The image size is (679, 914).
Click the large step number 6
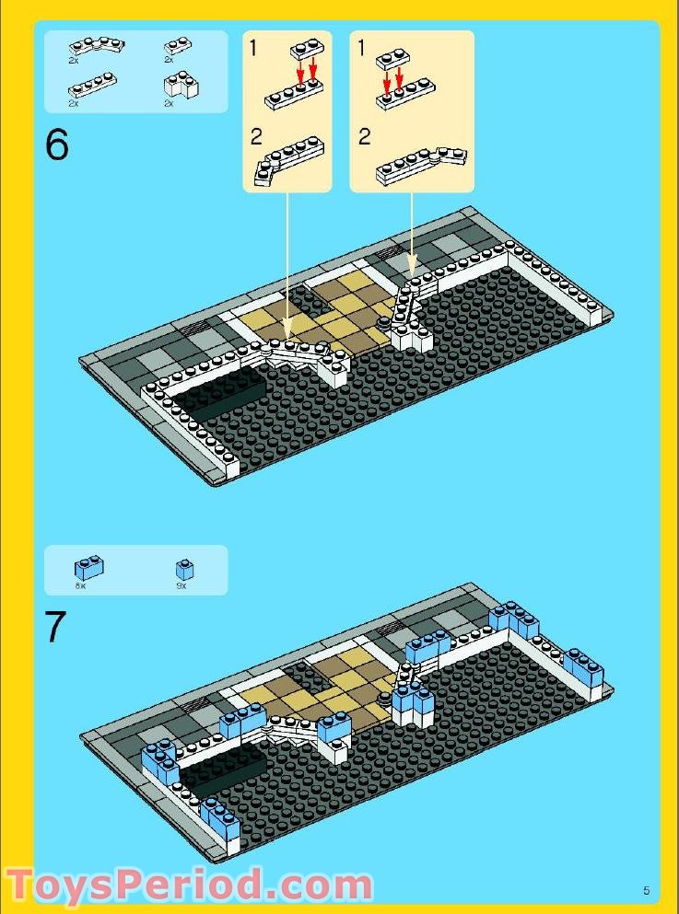[x=57, y=145]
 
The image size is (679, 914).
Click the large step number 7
[x=56, y=628]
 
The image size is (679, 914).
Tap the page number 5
[x=647, y=889]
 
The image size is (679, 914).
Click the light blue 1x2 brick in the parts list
[x=89, y=568]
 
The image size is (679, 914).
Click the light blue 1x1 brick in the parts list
[x=185, y=569]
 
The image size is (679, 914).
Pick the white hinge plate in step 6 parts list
[x=96, y=45]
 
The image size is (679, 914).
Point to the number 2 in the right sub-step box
[x=364, y=137]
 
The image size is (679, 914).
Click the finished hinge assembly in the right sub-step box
[x=420, y=164]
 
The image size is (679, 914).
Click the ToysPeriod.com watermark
[x=189, y=885]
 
